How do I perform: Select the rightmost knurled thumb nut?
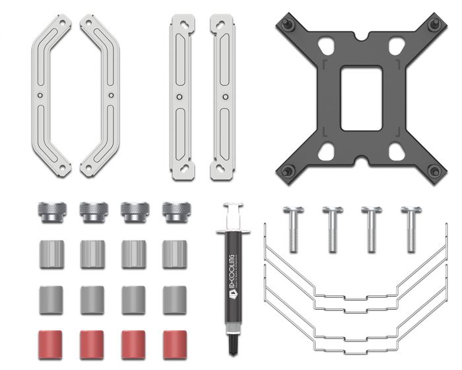tap(175, 212)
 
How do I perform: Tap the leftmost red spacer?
tap(50, 344)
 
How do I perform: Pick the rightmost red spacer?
tap(175, 344)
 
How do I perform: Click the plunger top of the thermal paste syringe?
tap(232, 207)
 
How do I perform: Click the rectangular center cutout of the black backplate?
tap(360, 98)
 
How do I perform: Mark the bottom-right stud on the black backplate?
tap(434, 172)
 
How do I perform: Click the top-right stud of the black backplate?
tap(434, 24)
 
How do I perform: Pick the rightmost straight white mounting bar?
tap(222, 96)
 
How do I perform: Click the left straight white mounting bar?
tap(181, 96)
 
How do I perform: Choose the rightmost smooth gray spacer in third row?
tap(175, 299)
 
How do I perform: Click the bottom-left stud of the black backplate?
tap(288, 172)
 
